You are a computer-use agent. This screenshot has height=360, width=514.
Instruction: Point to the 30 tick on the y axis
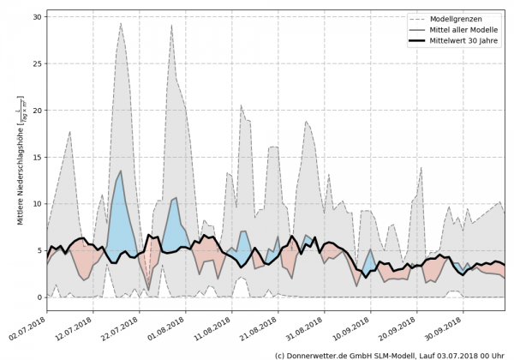click(37, 17)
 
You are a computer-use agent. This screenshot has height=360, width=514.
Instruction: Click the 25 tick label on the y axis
click(37, 63)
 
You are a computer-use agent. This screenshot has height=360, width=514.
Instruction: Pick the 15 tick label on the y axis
click(37, 157)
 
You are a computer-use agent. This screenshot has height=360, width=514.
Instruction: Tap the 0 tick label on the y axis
click(39, 297)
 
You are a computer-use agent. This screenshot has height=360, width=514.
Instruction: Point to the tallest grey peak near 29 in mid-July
click(121, 24)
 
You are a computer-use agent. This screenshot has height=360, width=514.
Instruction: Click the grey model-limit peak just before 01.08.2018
click(171, 26)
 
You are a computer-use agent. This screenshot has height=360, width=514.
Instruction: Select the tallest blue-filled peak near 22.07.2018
click(121, 171)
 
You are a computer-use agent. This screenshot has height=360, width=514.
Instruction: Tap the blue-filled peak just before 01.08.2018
click(175, 198)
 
